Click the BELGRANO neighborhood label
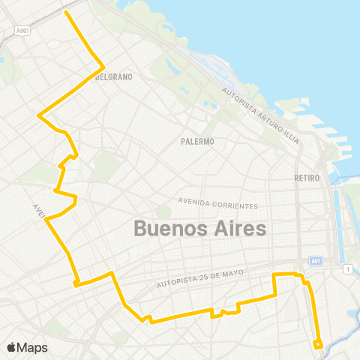(x=115, y=76)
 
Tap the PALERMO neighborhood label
(x=198, y=141)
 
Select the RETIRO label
(x=307, y=178)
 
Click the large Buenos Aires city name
(x=199, y=228)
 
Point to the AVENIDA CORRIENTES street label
(x=217, y=202)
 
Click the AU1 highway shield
(x=316, y=261)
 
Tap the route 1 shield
(x=348, y=268)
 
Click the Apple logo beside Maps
(x=11, y=347)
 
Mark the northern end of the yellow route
(x=67, y=12)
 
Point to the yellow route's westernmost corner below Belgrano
(x=38, y=115)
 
